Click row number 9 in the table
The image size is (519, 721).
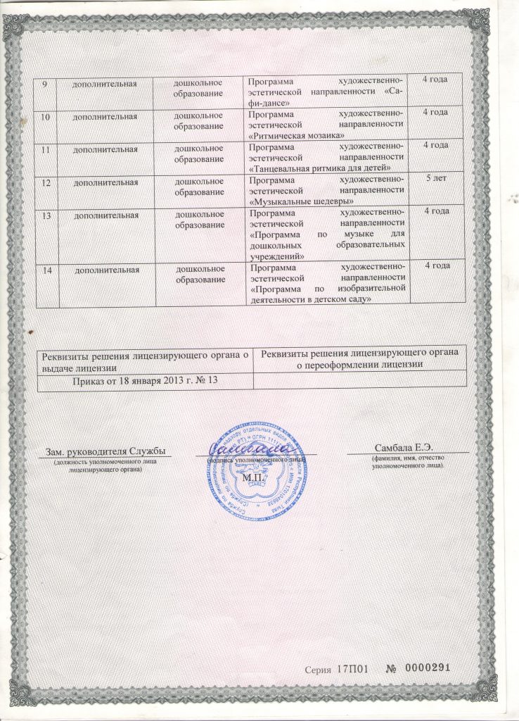(44, 85)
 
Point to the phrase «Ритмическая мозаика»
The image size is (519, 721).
(297, 134)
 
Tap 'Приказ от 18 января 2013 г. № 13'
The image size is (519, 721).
(145, 381)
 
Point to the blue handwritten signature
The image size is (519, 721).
(258, 449)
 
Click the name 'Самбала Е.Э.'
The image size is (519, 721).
(407, 448)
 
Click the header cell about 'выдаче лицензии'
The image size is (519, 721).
(143, 358)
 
